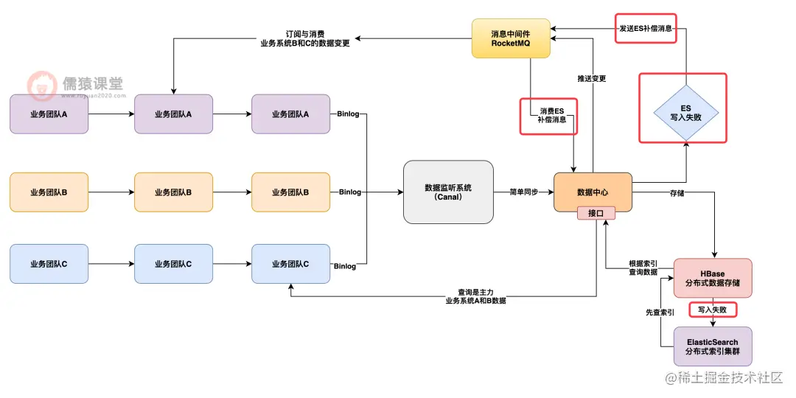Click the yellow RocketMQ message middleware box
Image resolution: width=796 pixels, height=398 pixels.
click(x=511, y=38)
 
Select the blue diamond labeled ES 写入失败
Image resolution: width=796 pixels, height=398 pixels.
click(x=685, y=112)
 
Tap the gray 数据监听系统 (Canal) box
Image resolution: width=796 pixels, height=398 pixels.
click(x=448, y=192)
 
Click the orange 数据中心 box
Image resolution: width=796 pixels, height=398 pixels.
click(x=593, y=192)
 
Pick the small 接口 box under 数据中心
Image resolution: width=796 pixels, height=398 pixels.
click(x=596, y=213)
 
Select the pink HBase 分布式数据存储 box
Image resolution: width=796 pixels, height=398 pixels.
click(x=712, y=279)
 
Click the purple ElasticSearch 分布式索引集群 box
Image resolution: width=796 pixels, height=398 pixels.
click(x=712, y=346)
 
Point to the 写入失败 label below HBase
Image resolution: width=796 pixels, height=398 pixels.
click(x=712, y=310)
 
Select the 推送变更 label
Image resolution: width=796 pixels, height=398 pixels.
click(x=592, y=78)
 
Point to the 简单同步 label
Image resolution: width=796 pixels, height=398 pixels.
click(x=523, y=192)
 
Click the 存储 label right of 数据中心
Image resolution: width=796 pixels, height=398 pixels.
click(x=677, y=192)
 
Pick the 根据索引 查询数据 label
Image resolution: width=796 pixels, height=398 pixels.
click(x=643, y=268)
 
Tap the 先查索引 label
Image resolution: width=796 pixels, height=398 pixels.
click(x=660, y=313)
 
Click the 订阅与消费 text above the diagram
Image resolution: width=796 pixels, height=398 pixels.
click(x=305, y=34)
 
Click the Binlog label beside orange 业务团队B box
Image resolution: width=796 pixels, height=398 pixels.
click(x=350, y=192)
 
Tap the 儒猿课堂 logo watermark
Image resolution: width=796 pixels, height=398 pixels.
click(x=77, y=85)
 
